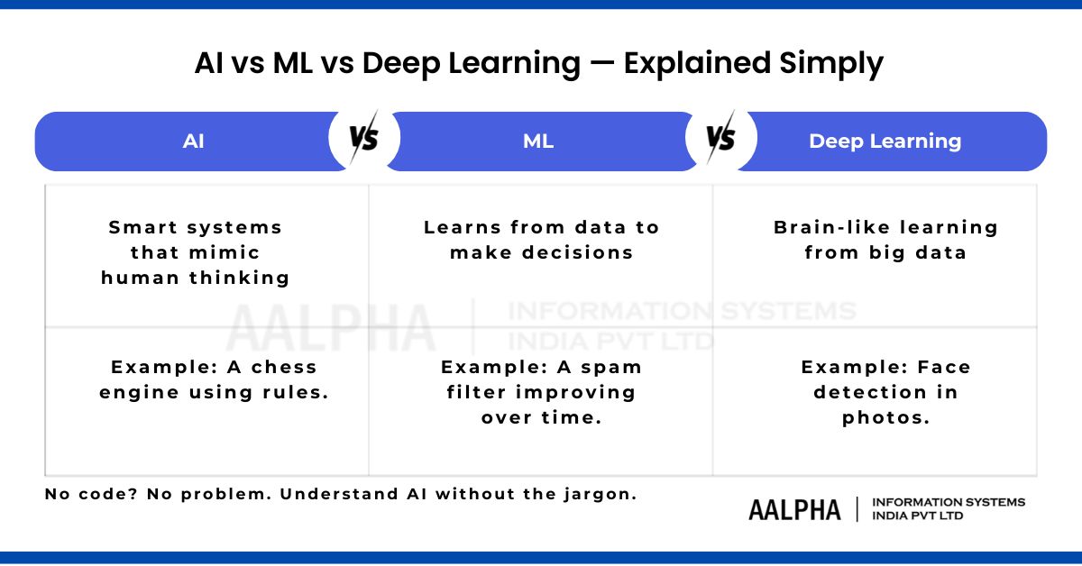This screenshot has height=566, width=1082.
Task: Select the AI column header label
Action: [193, 141]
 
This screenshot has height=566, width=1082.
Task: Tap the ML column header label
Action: [538, 141]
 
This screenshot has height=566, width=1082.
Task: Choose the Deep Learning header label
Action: [885, 141]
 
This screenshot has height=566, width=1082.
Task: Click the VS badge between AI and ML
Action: [363, 139]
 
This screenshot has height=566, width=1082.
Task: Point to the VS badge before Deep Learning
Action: [720, 139]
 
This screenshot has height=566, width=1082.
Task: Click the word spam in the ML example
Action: [613, 367]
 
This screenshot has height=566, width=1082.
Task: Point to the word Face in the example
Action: [943, 367]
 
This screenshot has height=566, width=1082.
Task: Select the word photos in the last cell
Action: [885, 417]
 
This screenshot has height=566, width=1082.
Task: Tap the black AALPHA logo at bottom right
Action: [794, 509]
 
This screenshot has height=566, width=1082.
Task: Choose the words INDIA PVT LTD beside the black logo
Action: [917, 516]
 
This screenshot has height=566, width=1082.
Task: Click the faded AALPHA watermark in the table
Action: [331, 327]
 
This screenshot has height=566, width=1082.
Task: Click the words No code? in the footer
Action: [85, 494]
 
